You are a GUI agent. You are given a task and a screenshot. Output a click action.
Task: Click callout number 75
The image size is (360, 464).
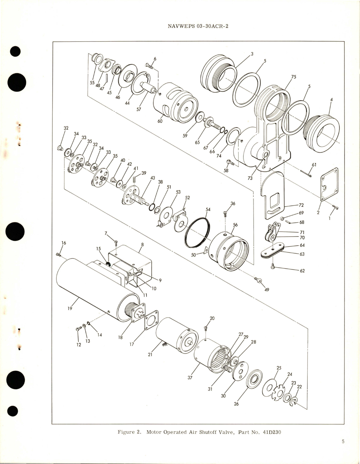293,76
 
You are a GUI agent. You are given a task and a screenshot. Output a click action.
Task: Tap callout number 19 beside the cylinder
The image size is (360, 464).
70,308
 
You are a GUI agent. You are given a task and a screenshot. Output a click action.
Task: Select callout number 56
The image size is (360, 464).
235,225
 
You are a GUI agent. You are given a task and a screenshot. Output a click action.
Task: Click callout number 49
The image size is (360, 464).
267,289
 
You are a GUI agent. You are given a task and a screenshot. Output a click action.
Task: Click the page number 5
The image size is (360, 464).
343,449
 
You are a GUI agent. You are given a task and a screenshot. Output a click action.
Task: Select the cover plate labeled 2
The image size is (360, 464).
329,184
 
